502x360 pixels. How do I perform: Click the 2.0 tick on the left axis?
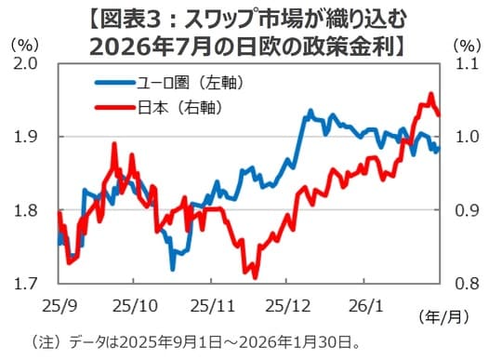click(x=25, y=64)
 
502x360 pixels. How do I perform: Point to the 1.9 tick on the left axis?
click(x=25, y=137)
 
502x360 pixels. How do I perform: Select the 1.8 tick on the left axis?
click(x=25, y=210)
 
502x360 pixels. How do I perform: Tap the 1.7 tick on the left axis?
click(x=25, y=283)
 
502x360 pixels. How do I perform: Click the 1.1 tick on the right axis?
click(x=468, y=64)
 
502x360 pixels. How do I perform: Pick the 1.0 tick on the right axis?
click(x=468, y=137)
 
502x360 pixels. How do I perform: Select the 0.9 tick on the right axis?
click(x=468, y=210)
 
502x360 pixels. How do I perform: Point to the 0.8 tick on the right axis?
click(x=468, y=283)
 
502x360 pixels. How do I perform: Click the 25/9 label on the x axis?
click(x=59, y=303)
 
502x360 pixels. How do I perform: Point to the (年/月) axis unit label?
click(x=444, y=314)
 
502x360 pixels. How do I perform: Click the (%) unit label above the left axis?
click(x=25, y=44)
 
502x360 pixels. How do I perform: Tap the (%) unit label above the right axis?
click(x=468, y=44)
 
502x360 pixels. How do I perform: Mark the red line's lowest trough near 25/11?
click(x=254, y=275)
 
